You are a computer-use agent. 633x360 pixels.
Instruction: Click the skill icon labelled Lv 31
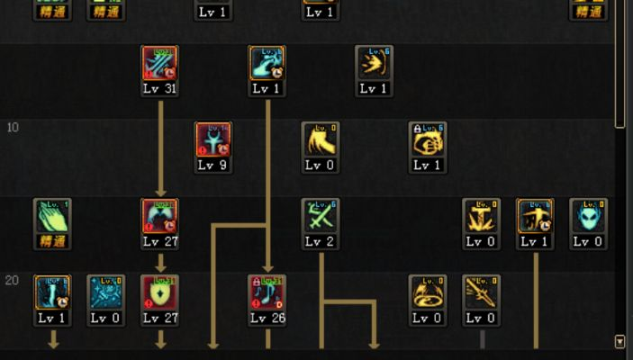160,64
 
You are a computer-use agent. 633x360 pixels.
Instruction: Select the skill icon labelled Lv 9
213,139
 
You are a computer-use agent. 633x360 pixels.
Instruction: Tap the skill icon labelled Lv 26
267,292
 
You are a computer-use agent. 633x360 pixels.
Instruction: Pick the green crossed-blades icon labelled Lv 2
321,216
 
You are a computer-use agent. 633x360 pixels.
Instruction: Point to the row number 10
13,127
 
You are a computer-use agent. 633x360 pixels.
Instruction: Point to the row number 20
13,280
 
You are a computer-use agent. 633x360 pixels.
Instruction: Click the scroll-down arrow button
619,341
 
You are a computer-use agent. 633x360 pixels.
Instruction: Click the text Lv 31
160,88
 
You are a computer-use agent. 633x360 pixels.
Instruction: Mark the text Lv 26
267,318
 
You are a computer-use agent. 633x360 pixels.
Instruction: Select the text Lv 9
213,165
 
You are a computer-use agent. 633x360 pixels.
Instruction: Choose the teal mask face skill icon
588,216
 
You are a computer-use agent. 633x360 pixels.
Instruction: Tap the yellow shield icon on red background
160,292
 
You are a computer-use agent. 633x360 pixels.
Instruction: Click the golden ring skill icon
428,292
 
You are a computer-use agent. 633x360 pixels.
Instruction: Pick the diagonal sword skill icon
482,292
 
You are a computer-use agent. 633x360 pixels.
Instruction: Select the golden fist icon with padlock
428,139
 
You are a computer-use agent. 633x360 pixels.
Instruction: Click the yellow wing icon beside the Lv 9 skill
321,139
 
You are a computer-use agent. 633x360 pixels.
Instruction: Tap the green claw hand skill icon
52,216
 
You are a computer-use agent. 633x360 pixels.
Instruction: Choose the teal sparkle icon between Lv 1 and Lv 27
105,292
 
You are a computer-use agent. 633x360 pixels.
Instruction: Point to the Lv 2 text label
321,241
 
